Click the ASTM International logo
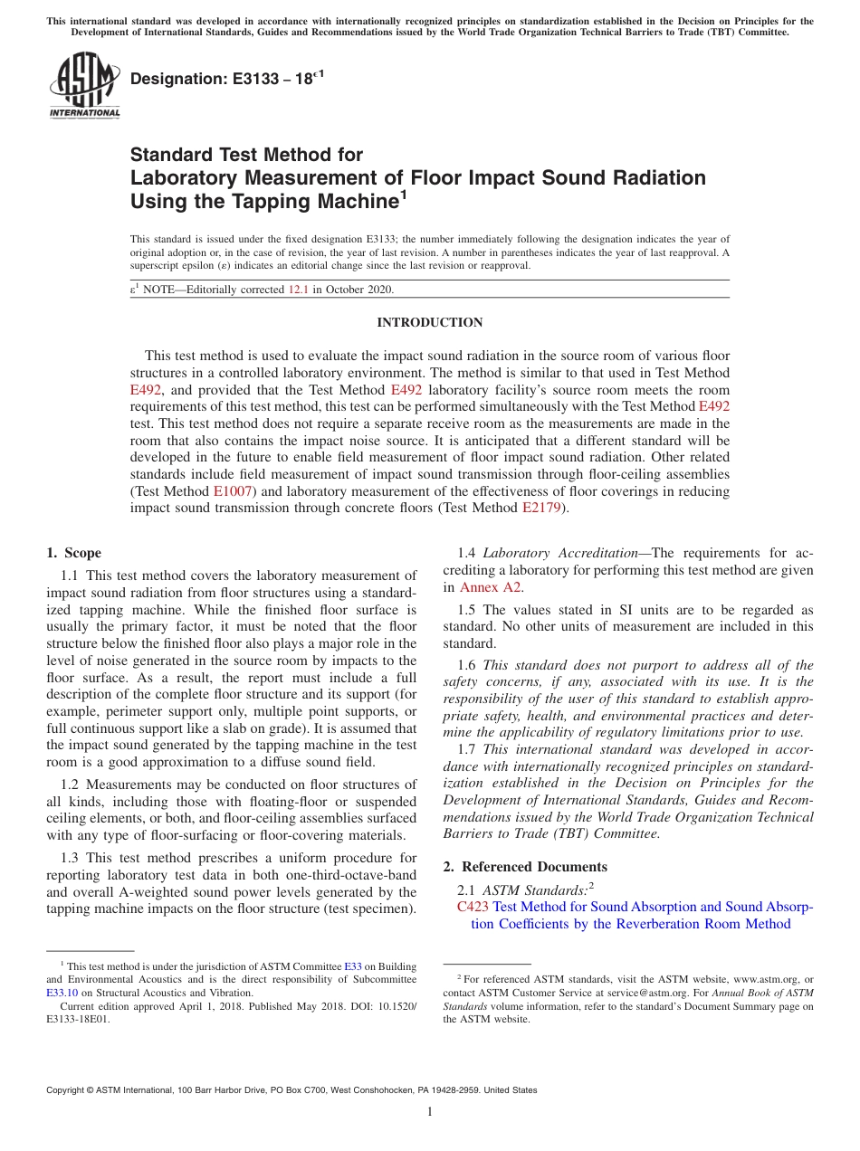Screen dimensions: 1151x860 [x=83, y=85]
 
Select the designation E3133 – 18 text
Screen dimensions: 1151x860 [x=226, y=80]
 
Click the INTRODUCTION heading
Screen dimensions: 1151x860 [x=430, y=322]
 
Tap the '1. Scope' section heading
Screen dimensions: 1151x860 [x=73, y=553]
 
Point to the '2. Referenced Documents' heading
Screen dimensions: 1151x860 [x=525, y=866]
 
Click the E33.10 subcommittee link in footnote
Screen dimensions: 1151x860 [x=61, y=992]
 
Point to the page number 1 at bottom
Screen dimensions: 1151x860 [x=430, y=1112]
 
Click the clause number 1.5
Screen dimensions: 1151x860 [x=467, y=609]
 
